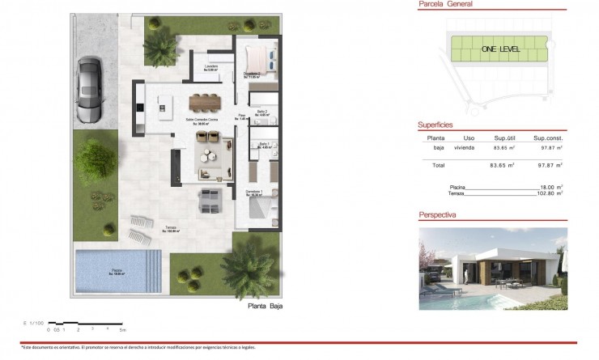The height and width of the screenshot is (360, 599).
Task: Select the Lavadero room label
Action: tap(212, 68)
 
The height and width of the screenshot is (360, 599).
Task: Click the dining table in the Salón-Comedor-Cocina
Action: tap(205, 103)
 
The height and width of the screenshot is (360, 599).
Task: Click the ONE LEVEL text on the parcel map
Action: tap(500, 49)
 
